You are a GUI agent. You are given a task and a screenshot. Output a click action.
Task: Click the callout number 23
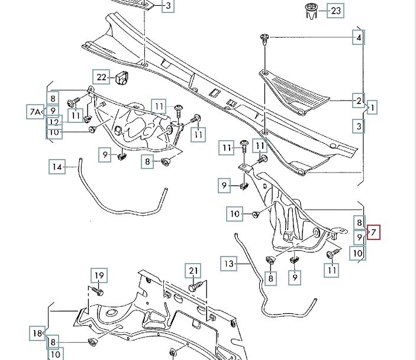tap(336, 11)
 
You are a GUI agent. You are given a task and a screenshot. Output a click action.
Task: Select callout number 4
tap(358, 38)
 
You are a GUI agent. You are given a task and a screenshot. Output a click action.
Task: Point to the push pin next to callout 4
tap(265, 40)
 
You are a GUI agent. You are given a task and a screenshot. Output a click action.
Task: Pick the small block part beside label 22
tap(122, 77)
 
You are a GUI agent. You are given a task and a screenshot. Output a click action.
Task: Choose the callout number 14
tap(57, 167)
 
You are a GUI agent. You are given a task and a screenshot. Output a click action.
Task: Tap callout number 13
tap(230, 263)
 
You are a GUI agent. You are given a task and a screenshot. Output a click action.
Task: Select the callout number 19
tap(98, 275)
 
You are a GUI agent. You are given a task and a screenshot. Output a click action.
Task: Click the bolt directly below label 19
tap(98, 291)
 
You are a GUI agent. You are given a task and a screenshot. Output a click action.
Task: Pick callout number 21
tap(192, 271)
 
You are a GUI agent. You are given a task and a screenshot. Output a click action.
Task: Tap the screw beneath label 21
tap(195, 287)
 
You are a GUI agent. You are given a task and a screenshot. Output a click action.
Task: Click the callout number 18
tap(37, 333)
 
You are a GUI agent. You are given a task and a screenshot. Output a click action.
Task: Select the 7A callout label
tap(35, 111)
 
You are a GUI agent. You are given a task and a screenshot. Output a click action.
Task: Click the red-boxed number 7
tap(373, 232)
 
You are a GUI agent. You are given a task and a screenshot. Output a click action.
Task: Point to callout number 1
tap(373, 108)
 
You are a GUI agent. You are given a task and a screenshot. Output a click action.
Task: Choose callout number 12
tap(54, 122)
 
